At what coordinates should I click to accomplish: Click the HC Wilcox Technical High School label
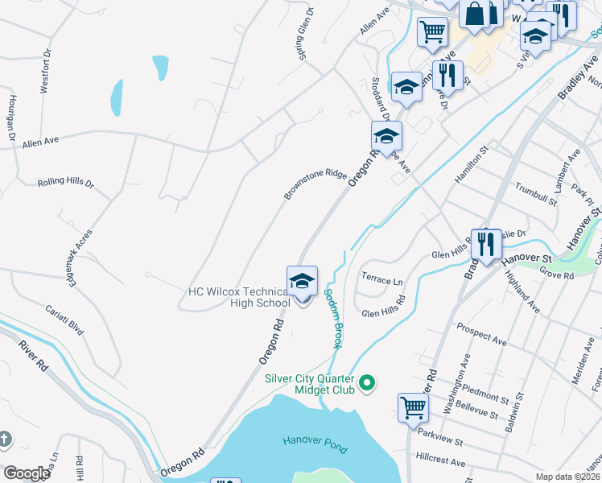[238, 296]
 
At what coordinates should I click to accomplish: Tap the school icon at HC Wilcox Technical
[303, 282]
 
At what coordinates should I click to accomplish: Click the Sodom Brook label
[333, 319]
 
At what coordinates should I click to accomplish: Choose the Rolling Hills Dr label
[66, 183]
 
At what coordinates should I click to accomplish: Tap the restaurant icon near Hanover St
[486, 245]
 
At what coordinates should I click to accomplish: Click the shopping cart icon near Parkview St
[414, 408]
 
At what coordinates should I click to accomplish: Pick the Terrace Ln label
[382, 280]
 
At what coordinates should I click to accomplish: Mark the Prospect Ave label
[481, 335]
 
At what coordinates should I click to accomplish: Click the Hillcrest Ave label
[441, 463]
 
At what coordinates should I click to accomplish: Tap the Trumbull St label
[535, 194]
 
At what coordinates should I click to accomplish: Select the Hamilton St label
[472, 164]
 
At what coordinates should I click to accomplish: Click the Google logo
[27, 473]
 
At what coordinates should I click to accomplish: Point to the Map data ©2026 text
[568, 477]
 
